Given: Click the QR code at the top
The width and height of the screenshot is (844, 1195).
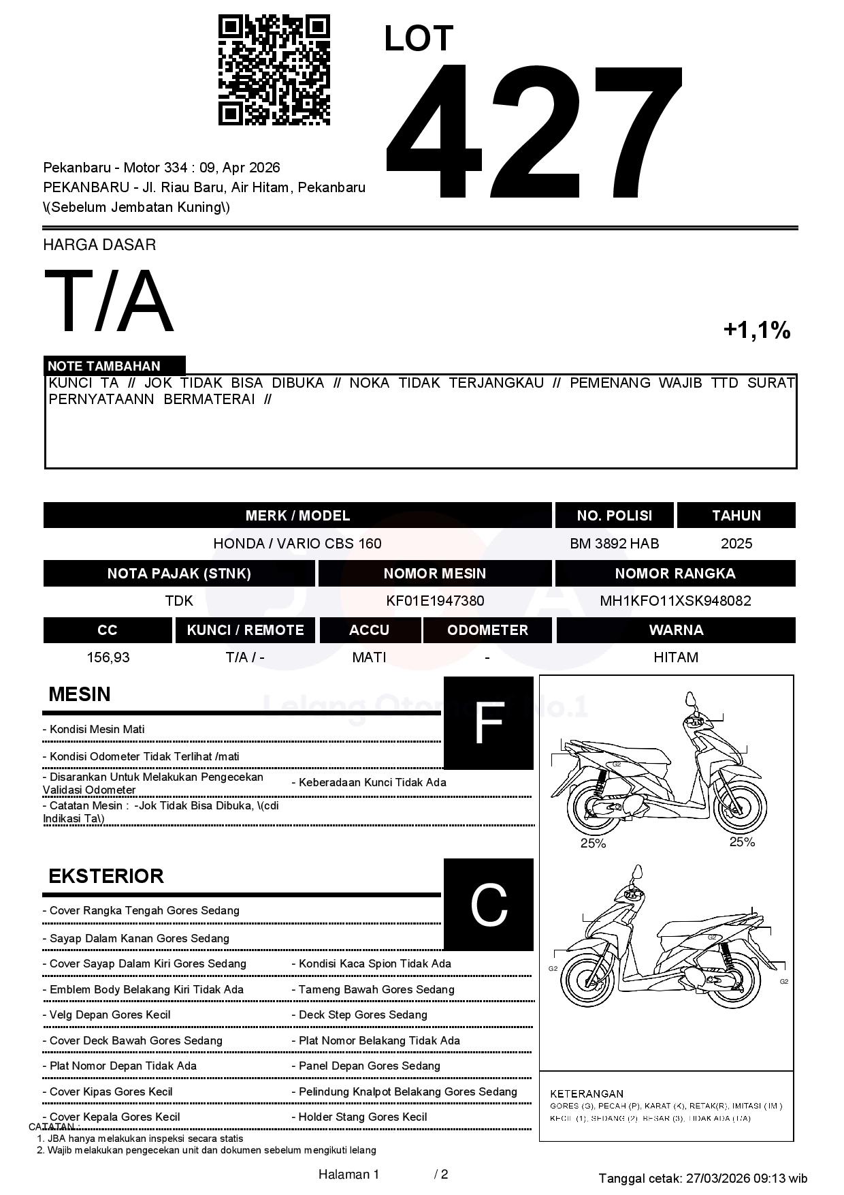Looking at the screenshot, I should (274, 70).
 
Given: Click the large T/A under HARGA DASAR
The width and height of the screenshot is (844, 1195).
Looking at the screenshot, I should (109, 301).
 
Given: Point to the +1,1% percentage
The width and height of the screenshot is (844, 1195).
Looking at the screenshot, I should (756, 330).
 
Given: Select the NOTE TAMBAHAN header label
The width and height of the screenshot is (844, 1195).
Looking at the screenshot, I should (104, 366).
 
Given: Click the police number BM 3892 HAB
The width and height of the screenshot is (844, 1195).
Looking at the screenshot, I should (614, 544).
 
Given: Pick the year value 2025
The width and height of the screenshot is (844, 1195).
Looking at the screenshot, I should (736, 544).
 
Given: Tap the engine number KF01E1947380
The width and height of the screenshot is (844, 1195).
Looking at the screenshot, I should (435, 601).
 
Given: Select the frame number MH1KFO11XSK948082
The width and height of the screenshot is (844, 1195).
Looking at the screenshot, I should (675, 601).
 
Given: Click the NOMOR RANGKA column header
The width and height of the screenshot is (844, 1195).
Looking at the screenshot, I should (675, 574).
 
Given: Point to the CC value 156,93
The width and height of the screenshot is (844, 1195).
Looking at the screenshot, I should (108, 657).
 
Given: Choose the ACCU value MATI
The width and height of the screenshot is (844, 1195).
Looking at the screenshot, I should (369, 657).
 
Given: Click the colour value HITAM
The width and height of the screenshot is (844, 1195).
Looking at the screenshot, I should (676, 657).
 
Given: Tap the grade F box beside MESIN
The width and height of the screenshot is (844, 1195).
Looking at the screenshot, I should (488, 723).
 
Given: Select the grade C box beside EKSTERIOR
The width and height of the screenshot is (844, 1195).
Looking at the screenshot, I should (488, 904).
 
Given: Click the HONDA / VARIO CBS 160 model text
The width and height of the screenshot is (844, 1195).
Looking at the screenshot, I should (297, 544).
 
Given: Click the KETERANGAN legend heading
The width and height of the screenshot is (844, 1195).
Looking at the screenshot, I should (587, 1093).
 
